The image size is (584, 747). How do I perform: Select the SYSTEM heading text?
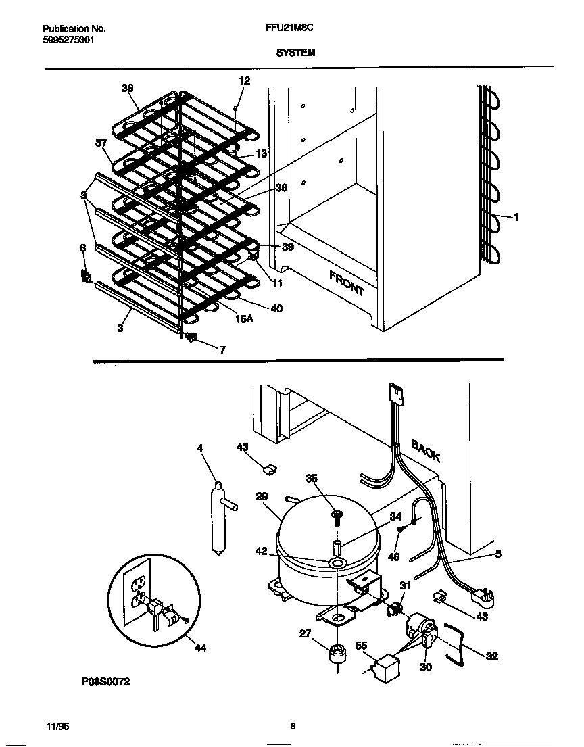point(295,52)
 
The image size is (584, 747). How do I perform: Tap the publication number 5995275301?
point(68,40)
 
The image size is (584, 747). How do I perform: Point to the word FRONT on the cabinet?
point(347,283)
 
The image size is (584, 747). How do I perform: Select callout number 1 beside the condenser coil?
point(516,217)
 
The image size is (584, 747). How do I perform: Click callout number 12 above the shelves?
point(244,80)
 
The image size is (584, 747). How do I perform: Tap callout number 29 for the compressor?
point(263,496)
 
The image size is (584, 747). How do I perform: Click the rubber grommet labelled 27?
point(336,654)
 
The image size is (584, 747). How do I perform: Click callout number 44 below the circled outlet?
point(199,648)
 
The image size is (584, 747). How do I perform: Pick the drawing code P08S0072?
point(105,682)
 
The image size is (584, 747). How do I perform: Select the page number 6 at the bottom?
point(292,727)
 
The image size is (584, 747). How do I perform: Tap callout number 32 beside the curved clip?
point(491,656)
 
